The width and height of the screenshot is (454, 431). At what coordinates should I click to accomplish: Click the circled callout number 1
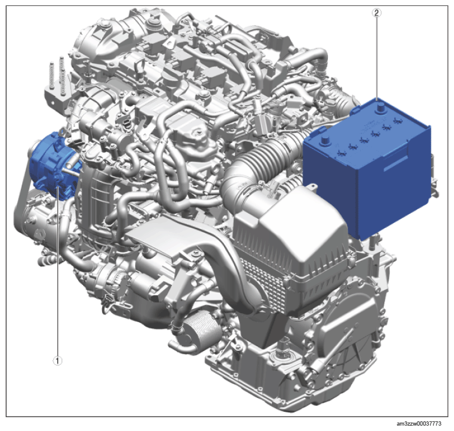pos(57,361)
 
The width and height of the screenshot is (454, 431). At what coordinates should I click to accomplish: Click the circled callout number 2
pos(377,13)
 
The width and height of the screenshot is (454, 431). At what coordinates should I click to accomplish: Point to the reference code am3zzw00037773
pos(419,424)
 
